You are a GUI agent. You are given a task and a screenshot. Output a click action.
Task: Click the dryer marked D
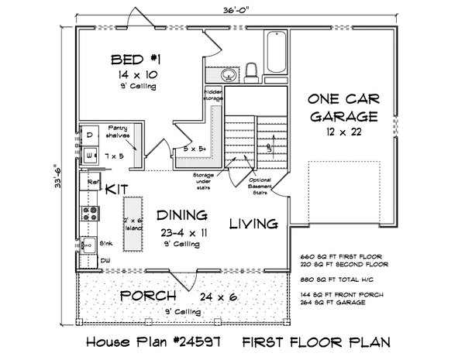[89, 135]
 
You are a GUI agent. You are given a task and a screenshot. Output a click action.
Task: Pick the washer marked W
[89, 155]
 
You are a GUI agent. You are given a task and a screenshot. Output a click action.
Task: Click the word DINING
[181, 214]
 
